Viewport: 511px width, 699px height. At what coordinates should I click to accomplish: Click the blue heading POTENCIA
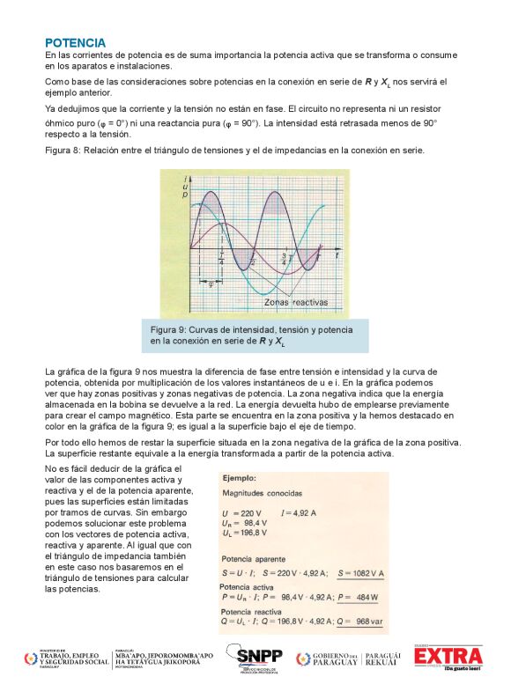(75, 42)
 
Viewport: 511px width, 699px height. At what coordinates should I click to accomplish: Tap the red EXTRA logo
(448, 658)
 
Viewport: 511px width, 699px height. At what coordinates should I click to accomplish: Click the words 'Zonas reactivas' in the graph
(295, 302)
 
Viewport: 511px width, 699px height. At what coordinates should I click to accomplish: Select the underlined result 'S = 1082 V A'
(362, 573)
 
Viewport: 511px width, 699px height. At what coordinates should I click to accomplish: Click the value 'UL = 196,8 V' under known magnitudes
(248, 533)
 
